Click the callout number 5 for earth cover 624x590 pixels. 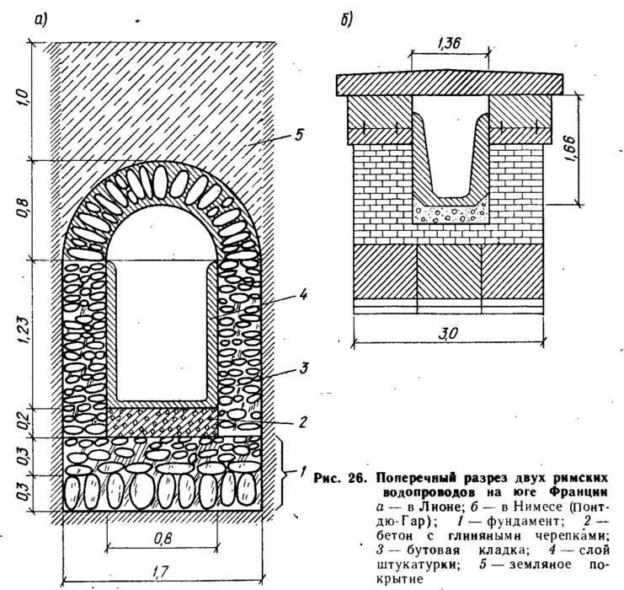click(299, 134)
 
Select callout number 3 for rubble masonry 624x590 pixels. click(304, 367)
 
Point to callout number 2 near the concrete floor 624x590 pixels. click(303, 421)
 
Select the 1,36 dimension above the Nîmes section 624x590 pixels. click(450, 42)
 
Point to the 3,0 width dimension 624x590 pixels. click(448, 334)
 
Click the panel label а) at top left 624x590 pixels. click(40, 20)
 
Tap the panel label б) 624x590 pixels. click(346, 20)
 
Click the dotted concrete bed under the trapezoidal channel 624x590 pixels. click(451, 213)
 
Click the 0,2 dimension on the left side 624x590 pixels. click(23, 422)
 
